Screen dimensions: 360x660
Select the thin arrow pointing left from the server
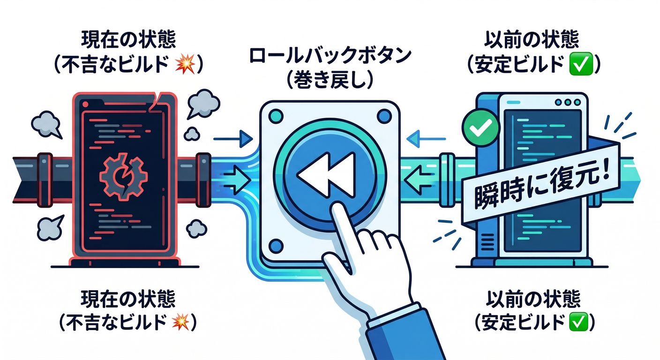[x=426, y=139]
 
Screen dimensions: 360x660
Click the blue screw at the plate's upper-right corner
[x=385, y=115]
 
